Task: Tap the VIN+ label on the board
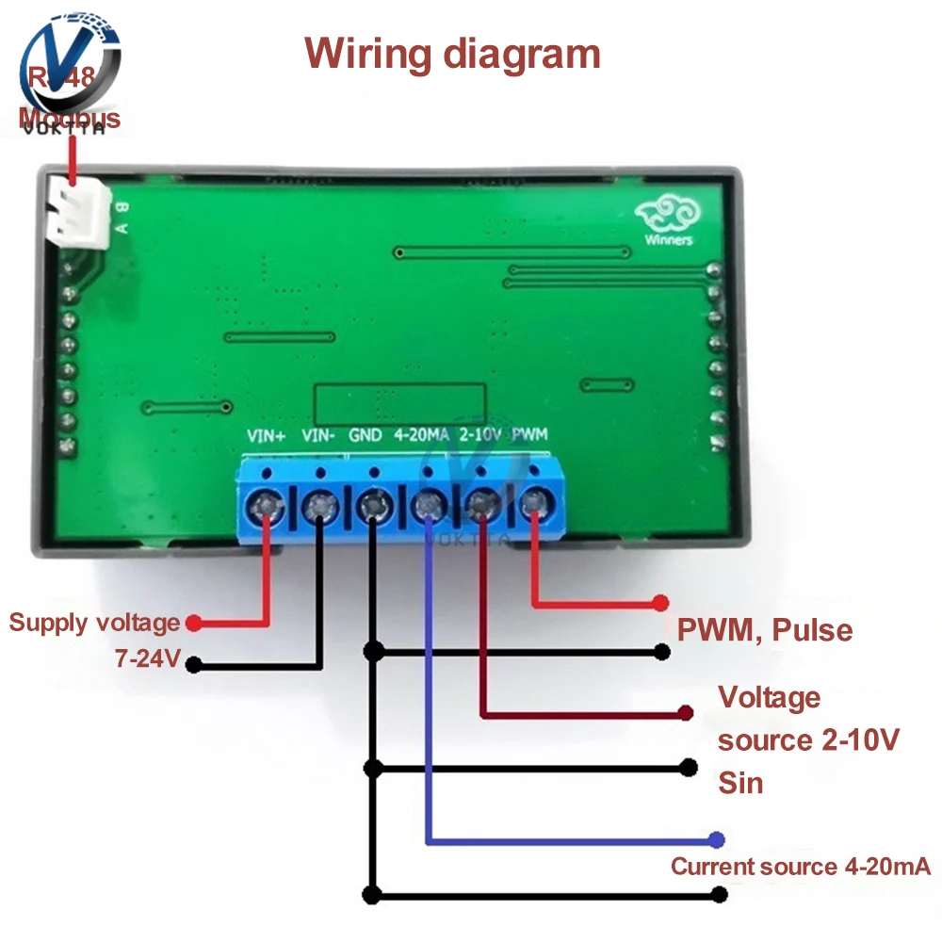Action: click(x=266, y=436)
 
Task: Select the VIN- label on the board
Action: click(x=318, y=436)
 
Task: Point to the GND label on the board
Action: click(x=365, y=436)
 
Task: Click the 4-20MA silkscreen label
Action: click(x=422, y=436)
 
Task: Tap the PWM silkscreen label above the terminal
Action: click(x=530, y=435)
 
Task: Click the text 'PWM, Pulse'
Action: click(x=765, y=629)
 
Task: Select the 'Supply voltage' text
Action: click(x=94, y=623)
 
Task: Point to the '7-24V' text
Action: click(x=147, y=659)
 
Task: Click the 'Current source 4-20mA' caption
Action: click(x=800, y=867)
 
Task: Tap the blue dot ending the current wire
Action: click(x=718, y=838)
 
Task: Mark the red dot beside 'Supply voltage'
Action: click(x=193, y=623)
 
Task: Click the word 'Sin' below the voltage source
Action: click(x=740, y=783)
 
